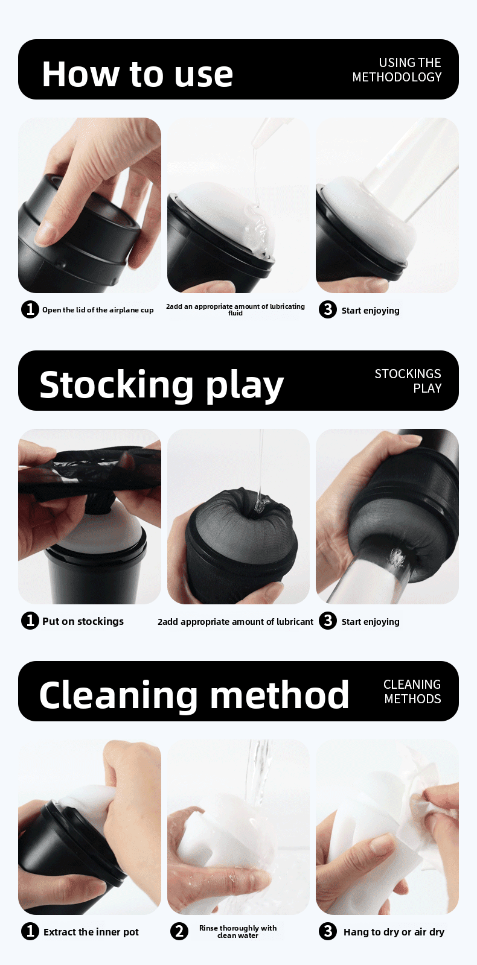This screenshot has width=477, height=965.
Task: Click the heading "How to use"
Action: point(137,74)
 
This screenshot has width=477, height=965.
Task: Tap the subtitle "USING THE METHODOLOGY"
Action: point(397,70)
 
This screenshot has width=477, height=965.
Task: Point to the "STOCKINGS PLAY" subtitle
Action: point(408,381)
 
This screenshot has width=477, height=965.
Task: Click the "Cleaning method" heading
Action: point(194,695)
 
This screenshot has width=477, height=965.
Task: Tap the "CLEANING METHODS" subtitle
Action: point(412,692)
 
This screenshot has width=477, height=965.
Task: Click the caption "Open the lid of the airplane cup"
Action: point(98,310)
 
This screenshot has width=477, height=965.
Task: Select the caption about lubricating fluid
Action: point(235,309)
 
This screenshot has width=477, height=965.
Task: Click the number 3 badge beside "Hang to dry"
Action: point(328,931)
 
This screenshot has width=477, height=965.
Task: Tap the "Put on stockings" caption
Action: point(83,621)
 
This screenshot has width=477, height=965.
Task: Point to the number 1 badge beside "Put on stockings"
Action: point(30,621)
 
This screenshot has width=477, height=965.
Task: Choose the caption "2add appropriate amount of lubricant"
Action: point(235,622)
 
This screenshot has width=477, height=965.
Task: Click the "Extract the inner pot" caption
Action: point(91,932)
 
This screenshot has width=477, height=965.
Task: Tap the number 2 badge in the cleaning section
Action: point(179,931)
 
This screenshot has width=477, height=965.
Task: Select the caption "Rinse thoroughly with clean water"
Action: point(238,932)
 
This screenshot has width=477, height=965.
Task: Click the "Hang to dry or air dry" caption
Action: point(394,932)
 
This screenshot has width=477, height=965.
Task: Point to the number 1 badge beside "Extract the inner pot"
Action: point(30,931)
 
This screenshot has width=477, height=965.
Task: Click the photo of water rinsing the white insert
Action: point(238,827)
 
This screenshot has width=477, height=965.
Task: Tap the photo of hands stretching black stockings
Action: point(89,516)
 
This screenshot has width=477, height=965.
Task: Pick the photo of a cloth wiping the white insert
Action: point(387,827)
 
